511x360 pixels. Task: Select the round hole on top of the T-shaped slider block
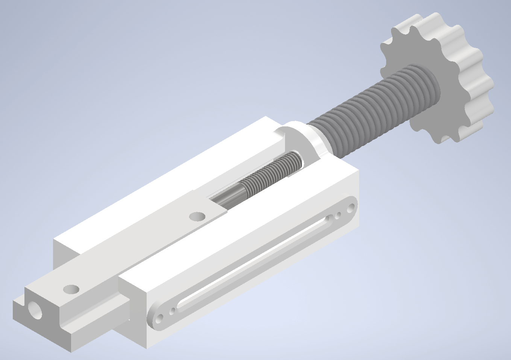click(x=71, y=289)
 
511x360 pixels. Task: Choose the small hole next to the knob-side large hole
click(x=338, y=215)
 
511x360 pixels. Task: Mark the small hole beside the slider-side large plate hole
click(x=172, y=311)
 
